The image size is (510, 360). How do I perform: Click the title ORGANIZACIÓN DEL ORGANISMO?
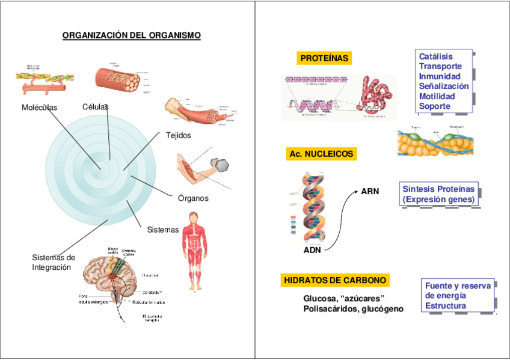tap(132, 35)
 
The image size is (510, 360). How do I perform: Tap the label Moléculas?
tap(39, 107)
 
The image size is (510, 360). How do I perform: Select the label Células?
tap(95, 106)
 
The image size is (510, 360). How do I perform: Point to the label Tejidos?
tap(178, 135)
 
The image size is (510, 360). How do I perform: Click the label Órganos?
tap(193, 198)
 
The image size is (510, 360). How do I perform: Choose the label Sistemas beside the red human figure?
tap(163, 230)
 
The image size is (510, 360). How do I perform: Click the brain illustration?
tap(111, 276)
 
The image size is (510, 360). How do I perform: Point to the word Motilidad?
tap(437, 96)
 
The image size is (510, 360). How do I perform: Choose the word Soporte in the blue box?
tap(434, 106)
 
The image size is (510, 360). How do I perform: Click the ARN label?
tap(370, 191)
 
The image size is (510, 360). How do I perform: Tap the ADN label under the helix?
tap(312, 250)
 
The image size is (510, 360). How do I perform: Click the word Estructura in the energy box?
tap(446, 306)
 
